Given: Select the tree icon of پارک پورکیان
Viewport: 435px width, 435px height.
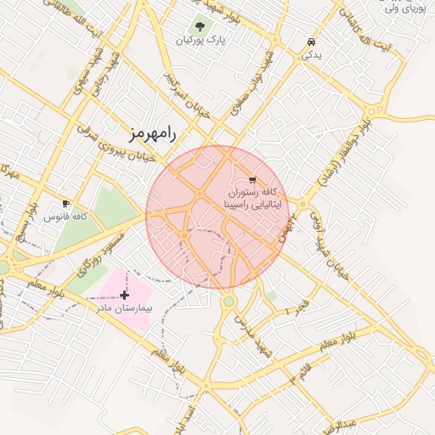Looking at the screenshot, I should [x=201, y=26].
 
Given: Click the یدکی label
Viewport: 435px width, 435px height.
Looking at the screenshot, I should [x=311, y=54].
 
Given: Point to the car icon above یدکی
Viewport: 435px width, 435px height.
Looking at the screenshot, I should [x=311, y=42].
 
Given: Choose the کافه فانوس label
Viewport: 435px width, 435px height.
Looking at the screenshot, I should [x=66, y=217].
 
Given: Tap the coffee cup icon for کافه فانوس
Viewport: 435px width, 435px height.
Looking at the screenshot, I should [x=66, y=204].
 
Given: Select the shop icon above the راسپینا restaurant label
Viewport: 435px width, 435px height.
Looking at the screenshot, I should [x=252, y=179].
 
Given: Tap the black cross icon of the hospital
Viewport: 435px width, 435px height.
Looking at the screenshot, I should [x=125, y=294].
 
